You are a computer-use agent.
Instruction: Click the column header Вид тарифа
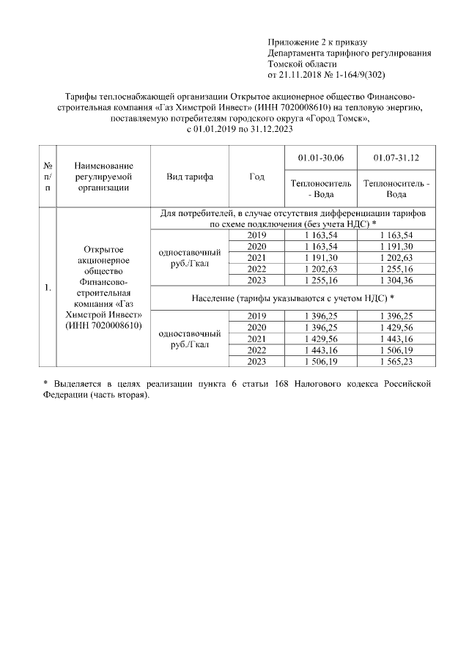click(190, 177)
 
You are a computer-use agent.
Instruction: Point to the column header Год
click(256, 177)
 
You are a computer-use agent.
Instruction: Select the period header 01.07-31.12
click(396, 158)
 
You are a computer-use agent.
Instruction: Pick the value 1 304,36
click(396, 278)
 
